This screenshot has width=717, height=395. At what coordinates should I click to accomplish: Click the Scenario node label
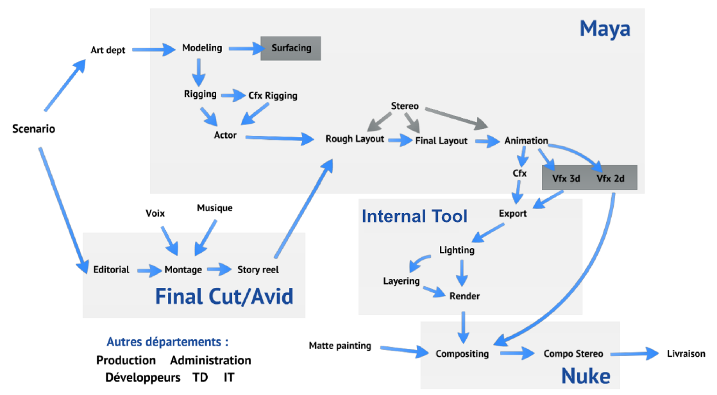click(33, 129)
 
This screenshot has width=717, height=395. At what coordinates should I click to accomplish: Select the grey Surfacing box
click(291, 48)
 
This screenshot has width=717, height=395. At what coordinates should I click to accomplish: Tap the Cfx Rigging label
click(273, 96)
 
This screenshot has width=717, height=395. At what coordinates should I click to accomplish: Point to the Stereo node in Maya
click(405, 106)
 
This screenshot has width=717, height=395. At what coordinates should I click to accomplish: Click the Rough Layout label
click(355, 139)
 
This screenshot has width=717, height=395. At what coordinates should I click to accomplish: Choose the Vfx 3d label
click(565, 178)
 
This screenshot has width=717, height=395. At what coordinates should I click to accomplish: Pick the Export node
click(512, 213)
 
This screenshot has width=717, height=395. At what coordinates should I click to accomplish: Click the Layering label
click(401, 281)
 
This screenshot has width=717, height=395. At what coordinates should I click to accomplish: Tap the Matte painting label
click(340, 346)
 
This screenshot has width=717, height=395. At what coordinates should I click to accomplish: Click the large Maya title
click(604, 28)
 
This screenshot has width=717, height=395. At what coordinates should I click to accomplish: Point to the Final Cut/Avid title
click(224, 296)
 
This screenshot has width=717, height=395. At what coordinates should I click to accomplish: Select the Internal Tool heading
click(414, 215)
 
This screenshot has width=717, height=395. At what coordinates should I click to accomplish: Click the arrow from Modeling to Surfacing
click(243, 48)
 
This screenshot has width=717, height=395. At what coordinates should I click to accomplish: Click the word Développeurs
click(142, 378)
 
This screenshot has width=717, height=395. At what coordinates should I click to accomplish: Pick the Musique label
click(214, 208)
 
